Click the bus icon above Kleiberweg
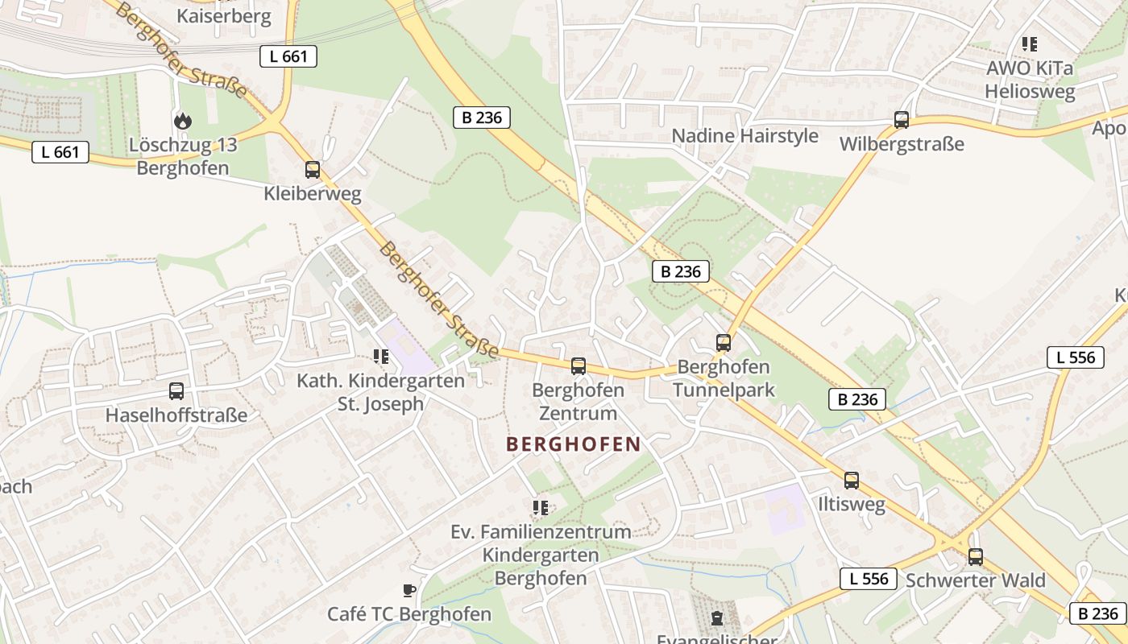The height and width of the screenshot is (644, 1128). pyautogui.click(x=313, y=170)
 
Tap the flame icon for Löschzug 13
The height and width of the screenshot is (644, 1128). pyautogui.click(x=183, y=122)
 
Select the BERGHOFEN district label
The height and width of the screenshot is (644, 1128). pyautogui.click(x=573, y=444)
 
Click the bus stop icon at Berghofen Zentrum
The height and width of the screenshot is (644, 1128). pyautogui.click(x=578, y=366)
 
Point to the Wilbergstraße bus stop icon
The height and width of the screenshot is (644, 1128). pyautogui.click(x=901, y=120)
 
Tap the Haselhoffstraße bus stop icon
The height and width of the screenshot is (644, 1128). pyautogui.click(x=176, y=391)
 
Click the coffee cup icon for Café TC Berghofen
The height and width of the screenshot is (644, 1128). pyautogui.click(x=409, y=591)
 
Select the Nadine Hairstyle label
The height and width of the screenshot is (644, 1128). pyautogui.click(x=744, y=136)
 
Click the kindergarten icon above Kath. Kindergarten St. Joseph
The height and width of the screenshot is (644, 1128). pyautogui.click(x=380, y=357)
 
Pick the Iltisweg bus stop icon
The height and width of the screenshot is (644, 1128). pyautogui.click(x=851, y=481)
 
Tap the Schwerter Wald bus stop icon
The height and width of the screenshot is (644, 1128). pyautogui.click(x=975, y=556)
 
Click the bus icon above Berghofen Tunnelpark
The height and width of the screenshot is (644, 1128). pyautogui.click(x=723, y=343)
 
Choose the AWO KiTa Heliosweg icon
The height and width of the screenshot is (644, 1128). pyautogui.click(x=1029, y=44)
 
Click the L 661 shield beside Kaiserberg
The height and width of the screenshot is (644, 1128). pyautogui.click(x=288, y=56)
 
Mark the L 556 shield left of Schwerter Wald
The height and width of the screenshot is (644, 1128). pyautogui.click(x=868, y=578)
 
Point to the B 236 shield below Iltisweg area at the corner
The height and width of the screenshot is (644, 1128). pyautogui.click(x=1097, y=613)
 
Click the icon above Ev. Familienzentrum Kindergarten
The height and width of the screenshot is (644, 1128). pyautogui.click(x=540, y=508)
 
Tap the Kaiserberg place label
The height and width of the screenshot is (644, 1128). pyautogui.click(x=223, y=16)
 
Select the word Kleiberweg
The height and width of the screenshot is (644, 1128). pyautogui.click(x=313, y=194)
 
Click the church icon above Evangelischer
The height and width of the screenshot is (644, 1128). pyautogui.click(x=716, y=618)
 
